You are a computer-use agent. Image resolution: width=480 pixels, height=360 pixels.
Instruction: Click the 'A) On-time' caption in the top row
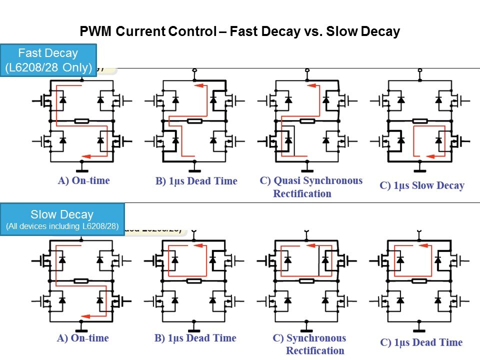tap(83, 180)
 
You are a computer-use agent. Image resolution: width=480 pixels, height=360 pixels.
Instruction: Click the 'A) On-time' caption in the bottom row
tap(83, 338)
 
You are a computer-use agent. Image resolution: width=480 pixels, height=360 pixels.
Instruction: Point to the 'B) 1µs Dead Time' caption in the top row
tap(196, 181)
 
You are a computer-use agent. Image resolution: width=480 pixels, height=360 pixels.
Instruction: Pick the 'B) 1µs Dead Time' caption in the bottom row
tap(195, 338)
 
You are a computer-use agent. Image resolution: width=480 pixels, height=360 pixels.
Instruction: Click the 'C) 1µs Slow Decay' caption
tap(422, 185)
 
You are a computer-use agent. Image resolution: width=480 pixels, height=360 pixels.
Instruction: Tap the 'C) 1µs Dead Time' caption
tap(421, 342)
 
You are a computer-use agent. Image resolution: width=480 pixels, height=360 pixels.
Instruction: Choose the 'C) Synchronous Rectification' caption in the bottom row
tap(309, 344)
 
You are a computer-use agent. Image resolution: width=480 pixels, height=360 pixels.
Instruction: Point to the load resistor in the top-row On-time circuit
tap(81, 121)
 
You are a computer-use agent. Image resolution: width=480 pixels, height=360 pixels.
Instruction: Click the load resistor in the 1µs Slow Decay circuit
tap(419, 121)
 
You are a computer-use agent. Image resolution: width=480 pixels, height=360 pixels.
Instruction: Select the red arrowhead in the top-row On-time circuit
tap(86, 155)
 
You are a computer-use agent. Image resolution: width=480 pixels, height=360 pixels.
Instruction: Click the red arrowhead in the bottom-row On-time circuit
tap(85, 316)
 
